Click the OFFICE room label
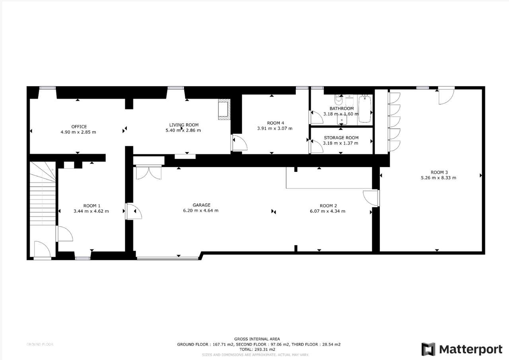point(79,126)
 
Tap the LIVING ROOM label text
point(184,125)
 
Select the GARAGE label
point(201,205)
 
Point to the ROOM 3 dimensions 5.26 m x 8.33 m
point(438,178)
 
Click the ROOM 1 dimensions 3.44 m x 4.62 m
point(91,211)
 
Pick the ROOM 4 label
point(276,123)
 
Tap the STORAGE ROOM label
point(341,138)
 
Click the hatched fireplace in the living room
point(224,109)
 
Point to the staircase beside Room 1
point(43,193)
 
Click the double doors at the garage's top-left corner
point(149,173)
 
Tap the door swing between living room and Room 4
point(239,143)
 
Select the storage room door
point(317,146)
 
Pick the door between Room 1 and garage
point(134,211)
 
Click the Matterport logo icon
point(428,350)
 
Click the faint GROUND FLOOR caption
point(40,344)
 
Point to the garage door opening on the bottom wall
point(168,259)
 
